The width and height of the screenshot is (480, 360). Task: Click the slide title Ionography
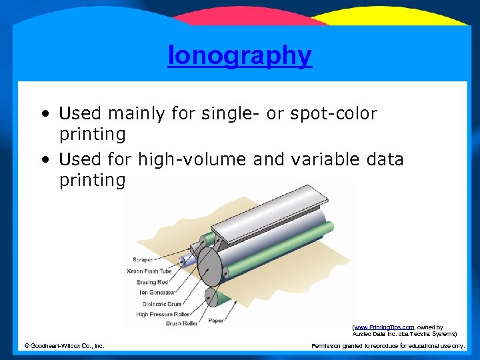(x=239, y=56)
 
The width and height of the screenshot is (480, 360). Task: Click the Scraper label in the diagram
(x=143, y=259)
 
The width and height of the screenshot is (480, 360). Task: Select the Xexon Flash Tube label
(x=150, y=271)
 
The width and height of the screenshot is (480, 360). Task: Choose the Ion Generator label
(x=157, y=292)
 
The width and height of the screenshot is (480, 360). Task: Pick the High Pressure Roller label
(x=163, y=314)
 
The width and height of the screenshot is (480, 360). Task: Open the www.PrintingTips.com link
(x=383, y=327)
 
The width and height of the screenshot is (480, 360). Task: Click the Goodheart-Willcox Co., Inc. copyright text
(x=64, y=345)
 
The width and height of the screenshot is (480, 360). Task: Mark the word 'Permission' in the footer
(x=328, y=345)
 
